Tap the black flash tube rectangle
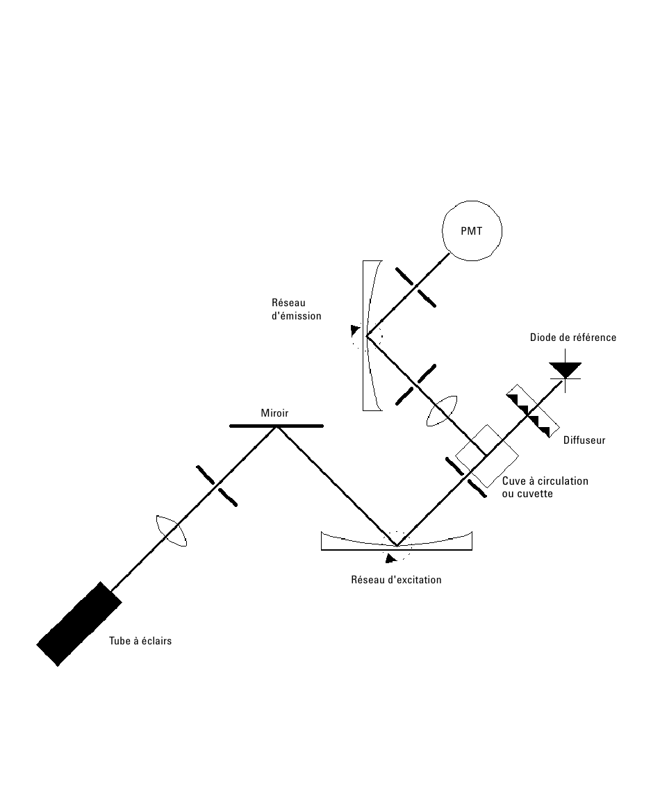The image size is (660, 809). (x=79, y=624)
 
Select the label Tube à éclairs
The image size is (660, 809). (x=140, y=641)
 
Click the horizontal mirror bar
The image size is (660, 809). (x=276, y=426)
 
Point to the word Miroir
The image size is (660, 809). (x=274, y=412)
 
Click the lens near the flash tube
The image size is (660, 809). (x=172, y=530)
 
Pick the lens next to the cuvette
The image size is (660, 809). (x=443, y=411)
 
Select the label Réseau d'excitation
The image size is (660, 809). (x=396, y=579)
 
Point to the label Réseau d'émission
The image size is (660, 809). (x=296, y=309)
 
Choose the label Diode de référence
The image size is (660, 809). (x=572, y=337)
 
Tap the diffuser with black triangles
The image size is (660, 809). (x=533, y=411)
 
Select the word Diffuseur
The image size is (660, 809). (x=584, y=440)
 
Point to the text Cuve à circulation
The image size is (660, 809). (x=545, y=481)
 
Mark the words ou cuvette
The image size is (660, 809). (x=527, y=494)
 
